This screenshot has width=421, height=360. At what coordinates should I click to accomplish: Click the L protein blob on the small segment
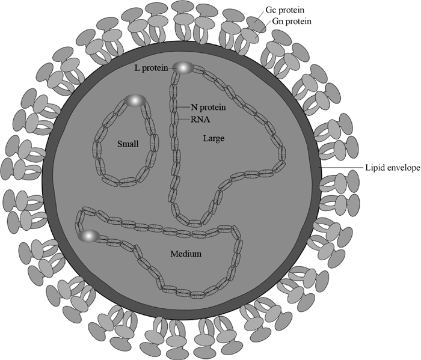[x=135, y=100]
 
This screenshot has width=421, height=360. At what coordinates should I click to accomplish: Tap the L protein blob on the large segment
[x=183, y=68]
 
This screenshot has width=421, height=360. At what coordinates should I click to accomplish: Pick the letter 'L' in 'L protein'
[x=137, y=69]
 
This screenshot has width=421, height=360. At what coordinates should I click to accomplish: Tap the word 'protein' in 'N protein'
[x=209, y=108]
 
